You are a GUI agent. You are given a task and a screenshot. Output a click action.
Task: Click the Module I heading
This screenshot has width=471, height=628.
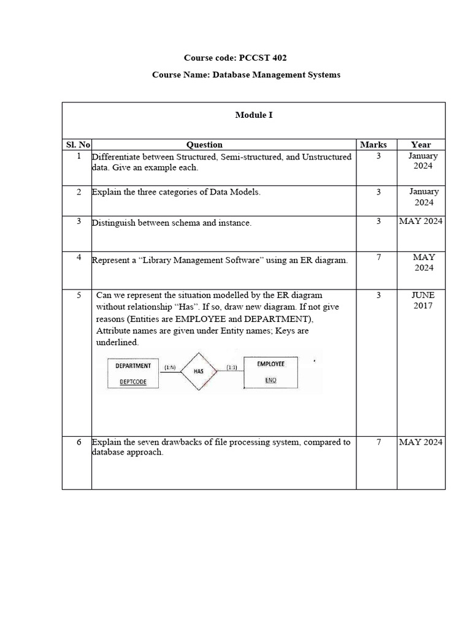pos(254,115)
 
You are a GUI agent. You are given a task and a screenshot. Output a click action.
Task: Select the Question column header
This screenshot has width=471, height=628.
pos(204,145)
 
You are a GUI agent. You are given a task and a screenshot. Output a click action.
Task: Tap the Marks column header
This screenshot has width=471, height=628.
pos(373,145)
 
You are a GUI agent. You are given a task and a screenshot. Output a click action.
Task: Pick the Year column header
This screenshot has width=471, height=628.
pos(421,145)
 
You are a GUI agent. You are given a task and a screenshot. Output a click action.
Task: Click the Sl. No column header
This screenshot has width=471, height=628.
pos(78,145)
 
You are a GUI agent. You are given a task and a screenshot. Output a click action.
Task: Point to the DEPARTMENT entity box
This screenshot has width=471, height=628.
pos(133,372)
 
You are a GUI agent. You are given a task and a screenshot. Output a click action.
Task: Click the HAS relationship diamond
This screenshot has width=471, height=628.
pos(198,372)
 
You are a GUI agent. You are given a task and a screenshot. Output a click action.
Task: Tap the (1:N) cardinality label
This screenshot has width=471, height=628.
pos(170,367)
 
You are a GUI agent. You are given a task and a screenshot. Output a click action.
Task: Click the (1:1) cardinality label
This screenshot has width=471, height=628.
pos(232,367)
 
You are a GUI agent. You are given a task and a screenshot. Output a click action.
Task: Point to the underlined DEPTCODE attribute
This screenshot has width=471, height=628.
pos(132,381)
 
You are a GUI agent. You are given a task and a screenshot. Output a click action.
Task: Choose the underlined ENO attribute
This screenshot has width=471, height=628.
pos(270,380)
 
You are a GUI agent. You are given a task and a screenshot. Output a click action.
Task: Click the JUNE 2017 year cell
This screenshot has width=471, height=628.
pos(422,301)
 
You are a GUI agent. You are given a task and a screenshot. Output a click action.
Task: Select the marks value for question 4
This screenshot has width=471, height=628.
pos(378,258)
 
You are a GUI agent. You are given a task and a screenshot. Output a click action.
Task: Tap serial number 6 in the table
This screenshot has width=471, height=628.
pos(79,442)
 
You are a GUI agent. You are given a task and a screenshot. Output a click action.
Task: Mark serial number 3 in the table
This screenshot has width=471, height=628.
pos(79,221)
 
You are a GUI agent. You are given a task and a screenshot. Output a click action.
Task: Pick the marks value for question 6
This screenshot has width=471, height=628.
pos(378,442)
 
